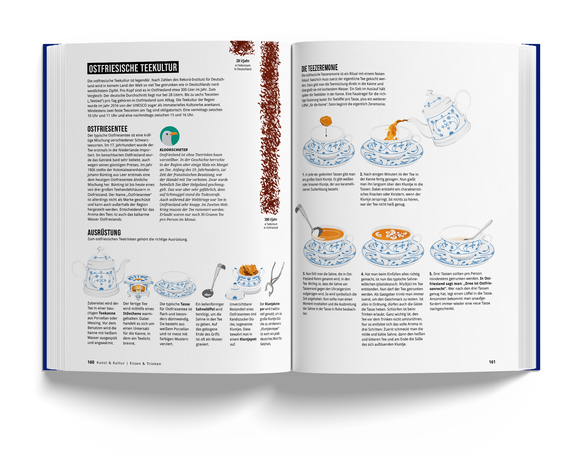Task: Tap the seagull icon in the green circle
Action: tap(169, 136)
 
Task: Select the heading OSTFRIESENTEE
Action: tap(107, 129)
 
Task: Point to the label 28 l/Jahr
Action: tap(242, 61)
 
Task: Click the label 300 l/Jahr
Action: tap(270, 219)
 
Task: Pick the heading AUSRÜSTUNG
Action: tap(104, 232)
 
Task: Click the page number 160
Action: tap(91, 362)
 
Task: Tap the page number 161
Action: tap(492, 362)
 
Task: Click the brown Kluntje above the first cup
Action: tap(326, 121)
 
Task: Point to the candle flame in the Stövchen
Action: tap(138, 288)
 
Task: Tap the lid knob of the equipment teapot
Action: tap(100, 250)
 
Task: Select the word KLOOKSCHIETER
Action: tap(174, 150)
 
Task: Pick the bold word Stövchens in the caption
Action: tap(132, 314)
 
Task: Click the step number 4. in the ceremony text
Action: tap(362, 274)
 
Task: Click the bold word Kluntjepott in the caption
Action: tap(248, 339)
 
